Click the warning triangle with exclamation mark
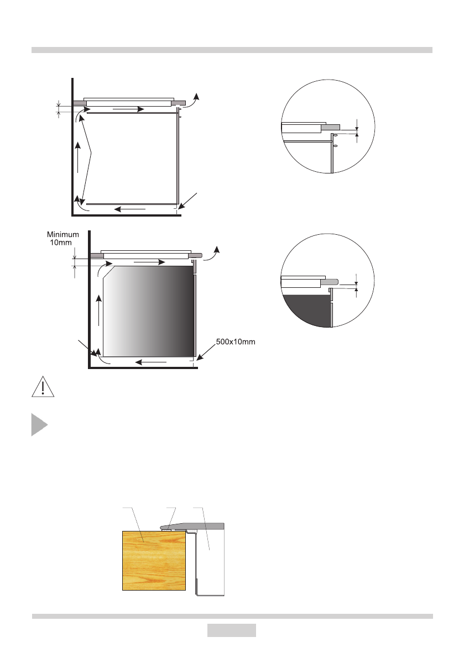pyautogui.click(x=43, y=387)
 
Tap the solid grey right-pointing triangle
pyautogui.click(x=39, y=425)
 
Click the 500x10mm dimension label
pyautogui.click(x=236, y=341)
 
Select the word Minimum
pyautogui.click(x=63, y=235)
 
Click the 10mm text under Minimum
pyautogui.click(x=61, y=243)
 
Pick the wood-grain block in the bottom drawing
pyautogui.click(x=154, y=561)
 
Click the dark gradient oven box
pyautogui.click(x=149, y=311)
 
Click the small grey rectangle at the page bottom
pyautogui.click(x=231, y=630)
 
